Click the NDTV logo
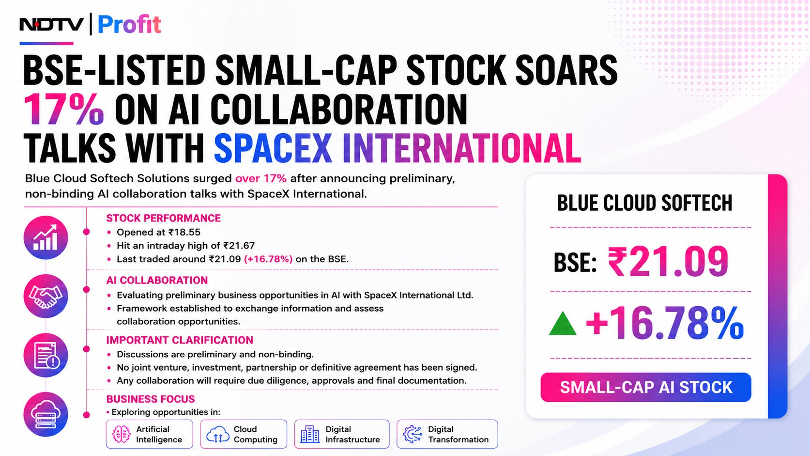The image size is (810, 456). click(51, 25)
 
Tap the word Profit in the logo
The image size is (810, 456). click(129, 25)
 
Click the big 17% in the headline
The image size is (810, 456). click(64, 109)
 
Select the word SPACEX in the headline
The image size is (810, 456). click(273, 148)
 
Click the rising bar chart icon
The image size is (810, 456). click(46, 237)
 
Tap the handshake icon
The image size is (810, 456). click(46, 297)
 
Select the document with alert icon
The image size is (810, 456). click(46, 355)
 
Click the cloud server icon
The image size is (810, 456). click(46, 414)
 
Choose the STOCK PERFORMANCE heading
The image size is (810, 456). click(164, 218)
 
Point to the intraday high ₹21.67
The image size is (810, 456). click(239, 246)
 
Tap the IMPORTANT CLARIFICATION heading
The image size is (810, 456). click(180, 340)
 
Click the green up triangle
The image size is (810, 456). click(562, 325)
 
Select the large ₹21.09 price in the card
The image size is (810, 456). click(668, 262)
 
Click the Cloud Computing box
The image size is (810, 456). click(244, 434)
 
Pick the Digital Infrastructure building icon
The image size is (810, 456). click(310, 434)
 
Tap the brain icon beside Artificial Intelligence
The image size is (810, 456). click(122, 434)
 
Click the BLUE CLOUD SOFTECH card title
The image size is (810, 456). click(645, 203)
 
